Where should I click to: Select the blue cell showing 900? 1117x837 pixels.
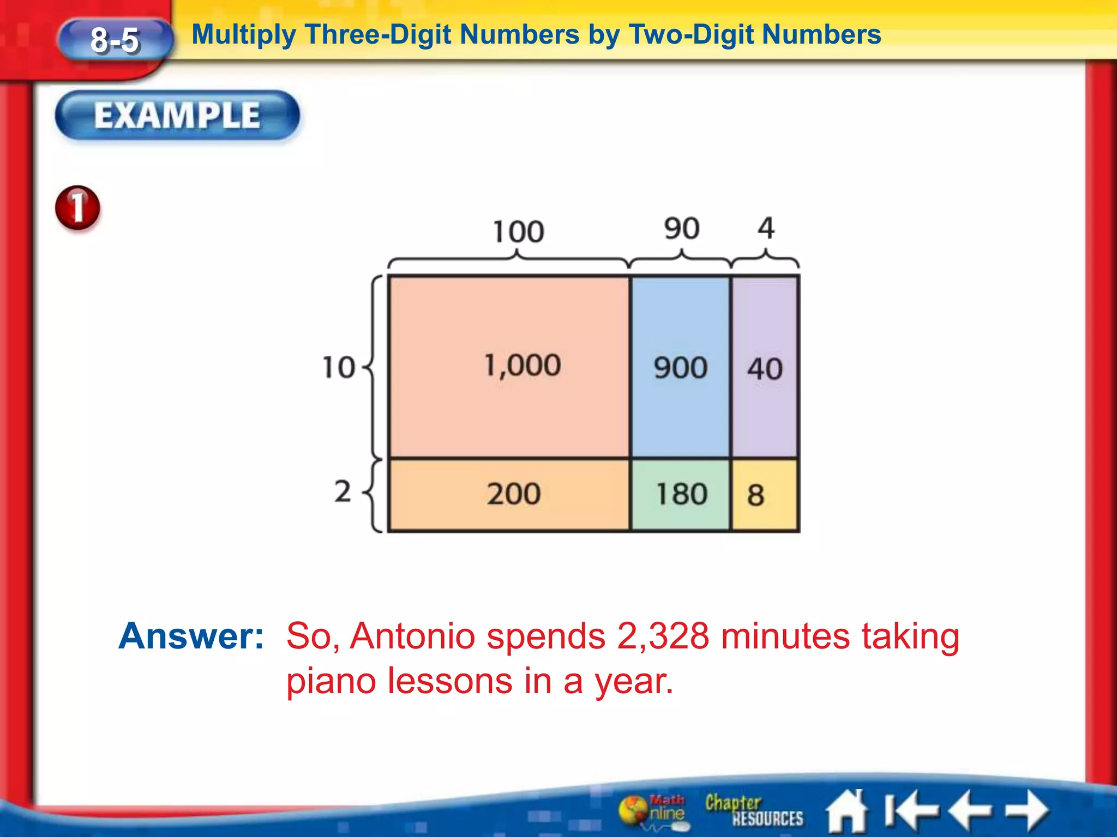(680, 367)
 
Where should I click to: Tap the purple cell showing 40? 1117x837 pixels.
(765, 368)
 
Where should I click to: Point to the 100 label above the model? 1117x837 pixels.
(518, 232)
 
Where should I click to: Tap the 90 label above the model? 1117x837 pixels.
(681, 228)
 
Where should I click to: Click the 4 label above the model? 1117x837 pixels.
(766, 228)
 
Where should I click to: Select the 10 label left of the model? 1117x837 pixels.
(339, 367)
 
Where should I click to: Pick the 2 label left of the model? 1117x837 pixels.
(343, 491)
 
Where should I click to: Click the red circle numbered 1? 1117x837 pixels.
(77, 208)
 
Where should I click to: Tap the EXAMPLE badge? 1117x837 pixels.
(177, 115)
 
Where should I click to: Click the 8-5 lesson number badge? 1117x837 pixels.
(115, 40)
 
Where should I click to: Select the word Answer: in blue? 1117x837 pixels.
(191, 636)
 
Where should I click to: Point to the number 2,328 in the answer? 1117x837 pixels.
(663, 636)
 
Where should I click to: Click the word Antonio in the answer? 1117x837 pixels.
(412, 636)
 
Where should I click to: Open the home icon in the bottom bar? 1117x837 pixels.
(846, 811)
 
